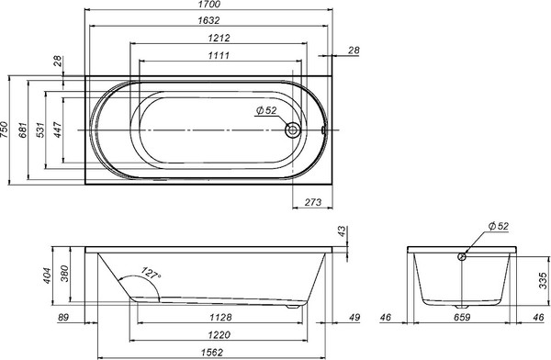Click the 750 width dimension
coord(6,130)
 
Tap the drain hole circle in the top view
coord(293,130)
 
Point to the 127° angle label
coord(151,274)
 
